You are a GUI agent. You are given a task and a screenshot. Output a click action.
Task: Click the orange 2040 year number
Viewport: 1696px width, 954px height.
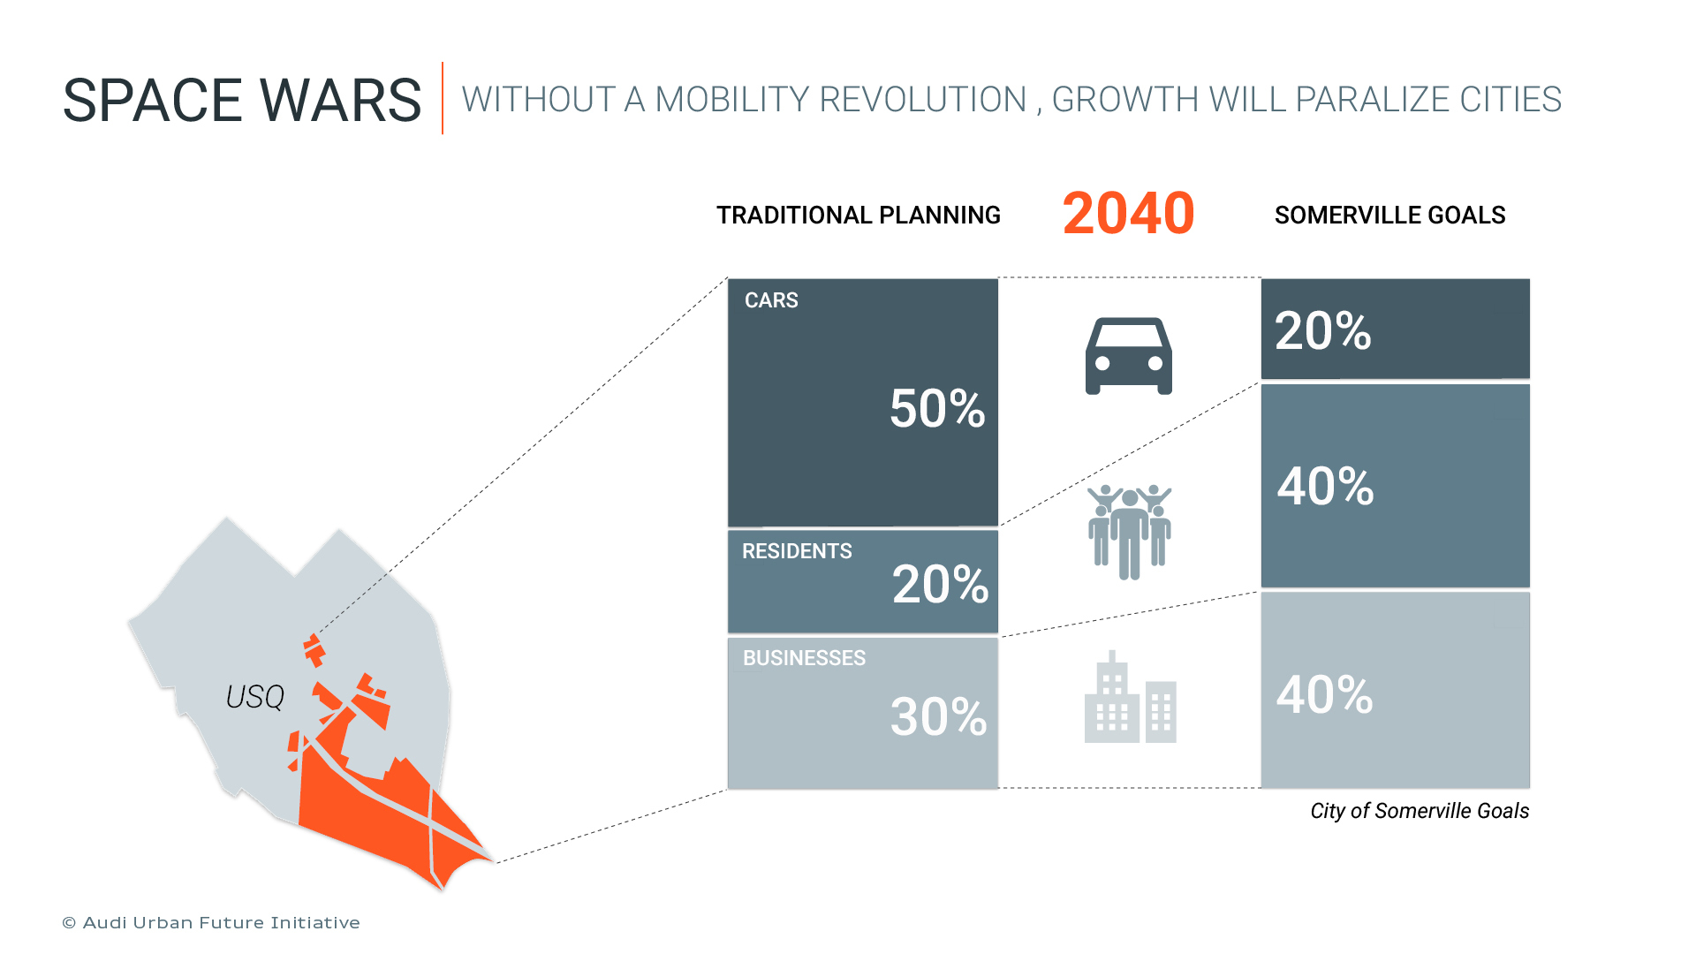point(1128,214)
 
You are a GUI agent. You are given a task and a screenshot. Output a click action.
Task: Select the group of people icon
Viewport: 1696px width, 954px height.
point(1129,531)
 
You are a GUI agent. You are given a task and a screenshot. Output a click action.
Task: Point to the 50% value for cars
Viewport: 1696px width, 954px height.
point(936,409)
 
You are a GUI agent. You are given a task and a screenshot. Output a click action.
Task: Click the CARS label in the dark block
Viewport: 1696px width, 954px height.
point(771,300)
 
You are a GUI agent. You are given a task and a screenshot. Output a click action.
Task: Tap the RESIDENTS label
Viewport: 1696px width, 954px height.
point(797,551)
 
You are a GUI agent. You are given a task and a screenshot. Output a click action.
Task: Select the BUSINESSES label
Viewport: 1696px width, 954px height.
point(804,658)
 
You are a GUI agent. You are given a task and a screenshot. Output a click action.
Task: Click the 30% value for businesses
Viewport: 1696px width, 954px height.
point(938,716)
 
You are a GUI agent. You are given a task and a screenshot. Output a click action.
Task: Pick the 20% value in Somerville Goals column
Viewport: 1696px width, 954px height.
point(1322,331)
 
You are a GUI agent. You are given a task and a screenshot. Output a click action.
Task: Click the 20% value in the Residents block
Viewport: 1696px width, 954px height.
point(940,585)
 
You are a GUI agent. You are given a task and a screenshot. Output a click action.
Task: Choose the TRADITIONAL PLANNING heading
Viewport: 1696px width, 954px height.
point(858,216)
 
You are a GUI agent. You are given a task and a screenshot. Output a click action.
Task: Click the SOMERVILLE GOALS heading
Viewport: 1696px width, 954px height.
point(1389,216)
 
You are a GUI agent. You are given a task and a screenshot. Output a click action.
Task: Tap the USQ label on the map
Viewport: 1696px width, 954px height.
point(255,697)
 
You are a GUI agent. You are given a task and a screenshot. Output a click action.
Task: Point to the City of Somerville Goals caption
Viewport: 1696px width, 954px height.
point(1419,811)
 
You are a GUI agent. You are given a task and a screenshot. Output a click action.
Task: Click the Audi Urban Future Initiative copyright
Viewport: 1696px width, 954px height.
point(211,923)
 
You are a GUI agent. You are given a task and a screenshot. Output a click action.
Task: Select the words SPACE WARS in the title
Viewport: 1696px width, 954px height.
point(242,100)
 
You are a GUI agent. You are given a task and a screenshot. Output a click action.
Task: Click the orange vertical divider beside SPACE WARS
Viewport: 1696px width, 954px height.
point(443,98)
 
